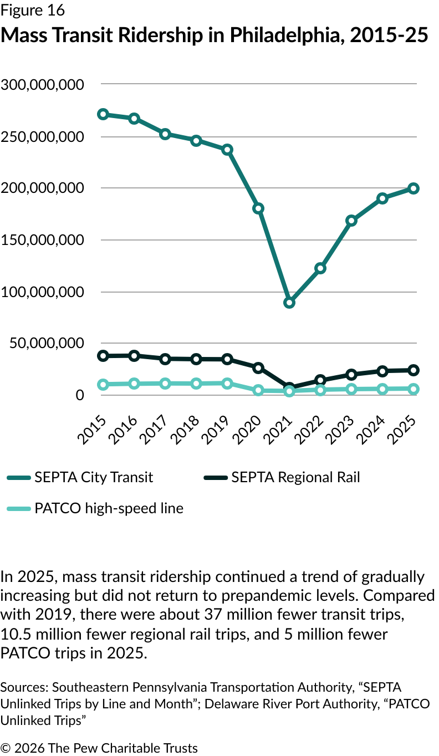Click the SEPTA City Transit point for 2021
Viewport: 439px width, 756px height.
point(289,303)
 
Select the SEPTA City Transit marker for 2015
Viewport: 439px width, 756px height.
point(103,114)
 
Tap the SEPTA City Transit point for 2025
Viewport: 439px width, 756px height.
point(414,188)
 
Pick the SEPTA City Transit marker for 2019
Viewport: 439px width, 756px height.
point(227,150)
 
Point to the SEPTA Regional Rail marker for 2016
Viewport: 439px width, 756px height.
point(134,355)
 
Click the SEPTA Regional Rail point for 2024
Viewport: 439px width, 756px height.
point(382,371)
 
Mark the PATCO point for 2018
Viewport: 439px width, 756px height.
point(196,384)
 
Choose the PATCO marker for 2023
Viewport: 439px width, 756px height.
point(351,389)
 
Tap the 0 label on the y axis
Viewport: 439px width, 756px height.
point(80,395)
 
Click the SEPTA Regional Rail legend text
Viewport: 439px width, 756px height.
point(295,477)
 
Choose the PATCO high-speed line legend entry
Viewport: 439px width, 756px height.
point(109,508)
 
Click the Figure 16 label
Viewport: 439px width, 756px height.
point(33,10)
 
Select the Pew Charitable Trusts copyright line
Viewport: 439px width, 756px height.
point(99,748)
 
